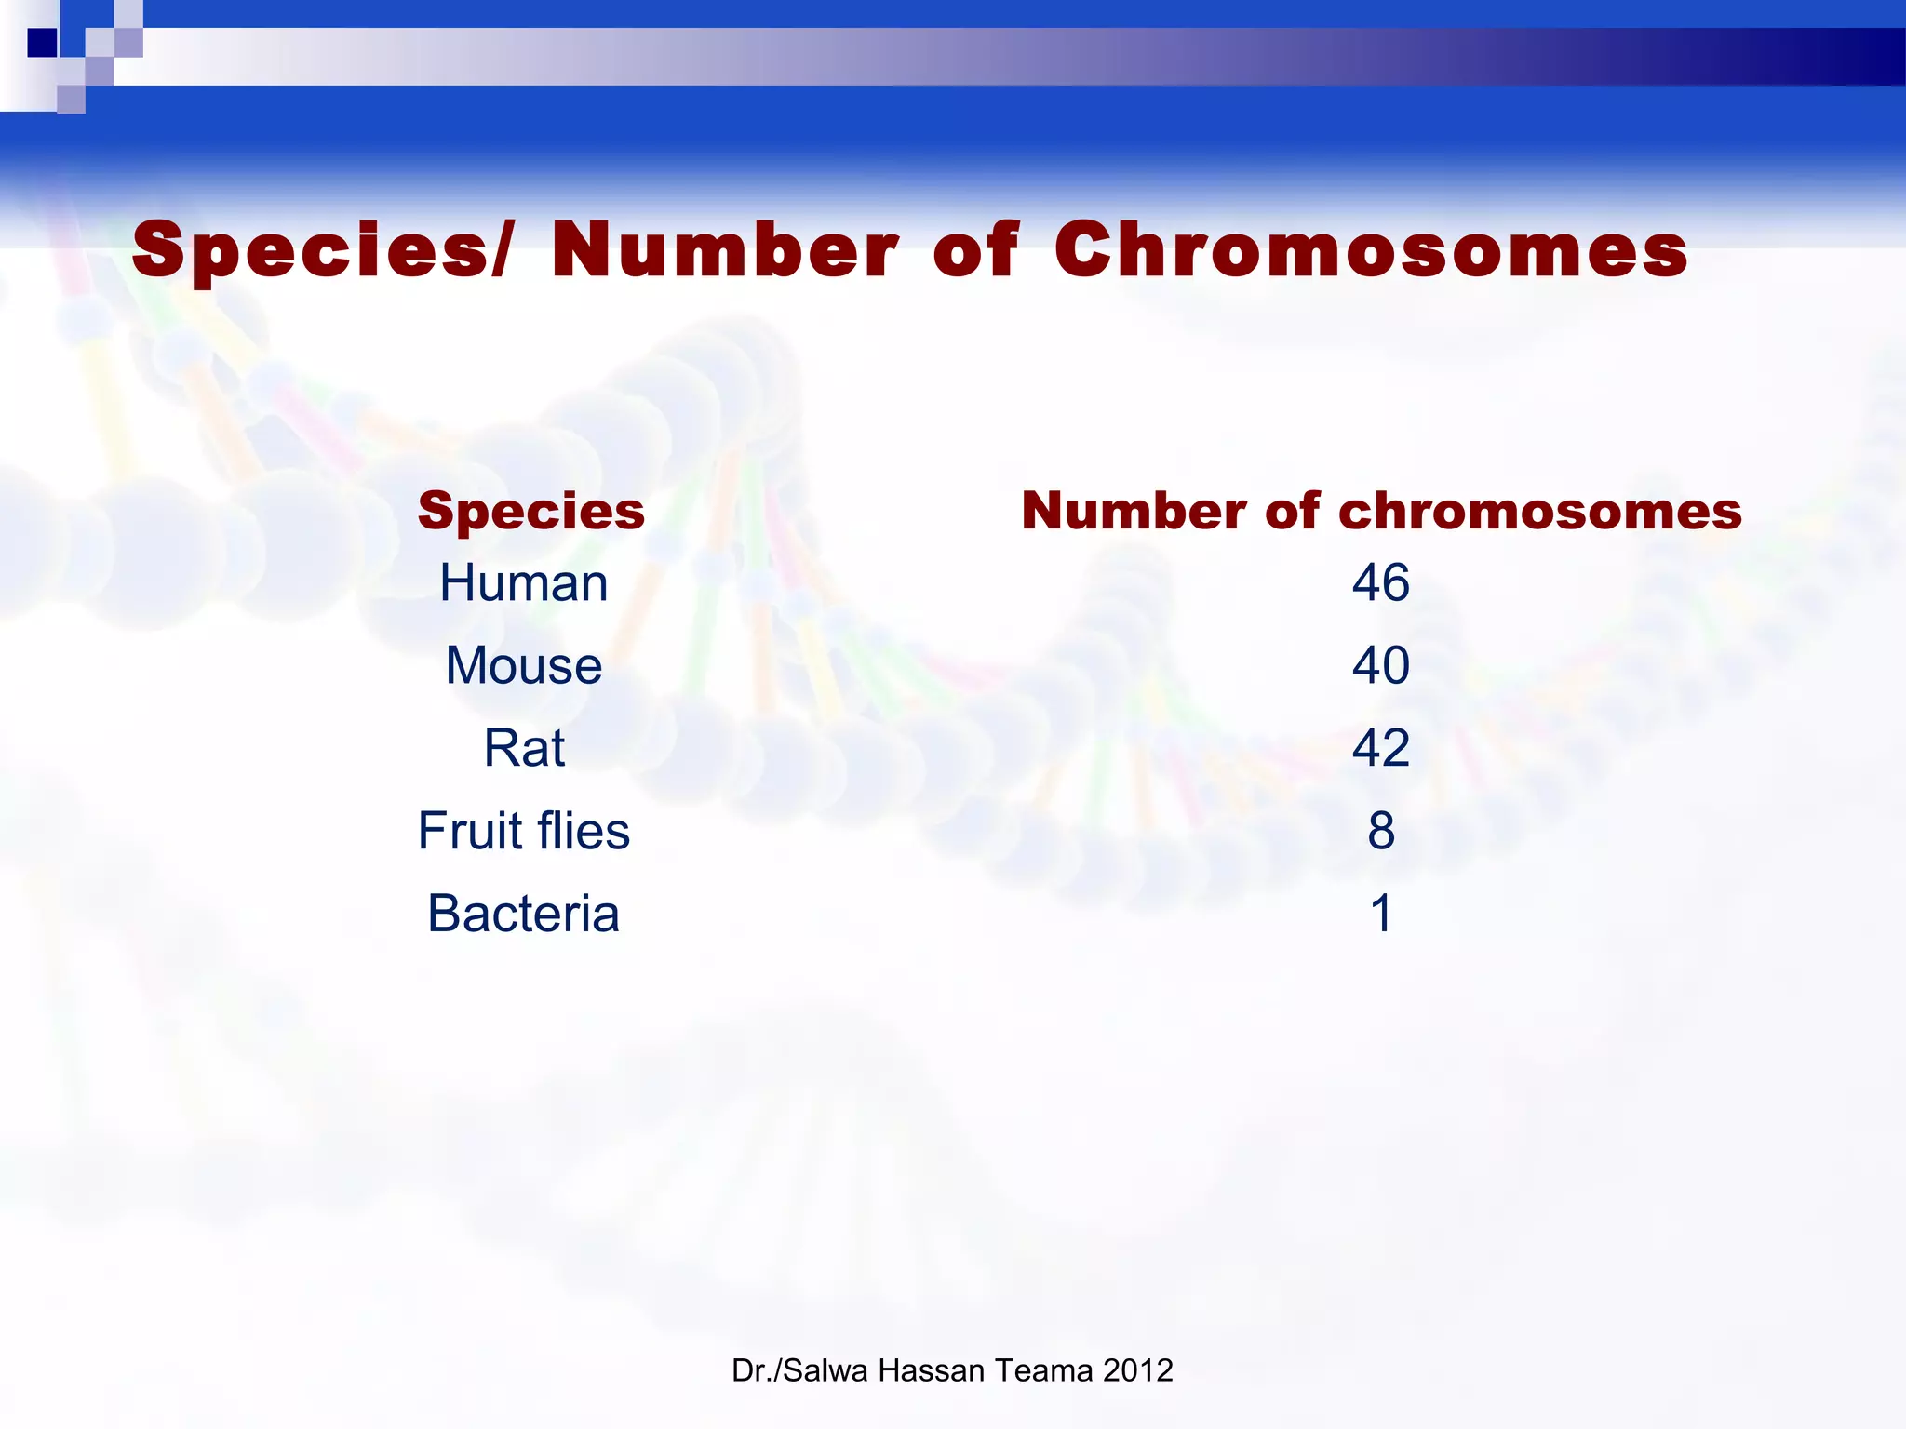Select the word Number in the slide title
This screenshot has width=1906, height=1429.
point(725,249)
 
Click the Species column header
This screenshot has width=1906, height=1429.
point(530,511)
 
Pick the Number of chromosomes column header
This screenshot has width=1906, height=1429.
point(1381,511)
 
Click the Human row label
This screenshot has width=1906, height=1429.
point(524,583)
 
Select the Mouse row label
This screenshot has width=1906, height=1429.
point(524,666)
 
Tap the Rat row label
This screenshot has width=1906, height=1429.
point(524,748)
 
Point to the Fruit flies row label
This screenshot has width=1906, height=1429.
point(524,831)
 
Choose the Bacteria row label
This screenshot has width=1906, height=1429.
point(524,914)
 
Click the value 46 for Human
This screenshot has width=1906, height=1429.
point(1381,583)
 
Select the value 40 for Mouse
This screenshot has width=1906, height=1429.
point(1381,666)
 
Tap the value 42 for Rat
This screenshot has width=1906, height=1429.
point(1381,748)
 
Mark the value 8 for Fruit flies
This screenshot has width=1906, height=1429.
point(1381,831)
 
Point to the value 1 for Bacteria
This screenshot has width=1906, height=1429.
point(1381,914)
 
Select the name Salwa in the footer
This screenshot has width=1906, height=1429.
point(826,1370)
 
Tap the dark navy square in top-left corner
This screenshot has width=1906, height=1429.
point(42,43)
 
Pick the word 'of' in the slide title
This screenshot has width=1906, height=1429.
point(976,249)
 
